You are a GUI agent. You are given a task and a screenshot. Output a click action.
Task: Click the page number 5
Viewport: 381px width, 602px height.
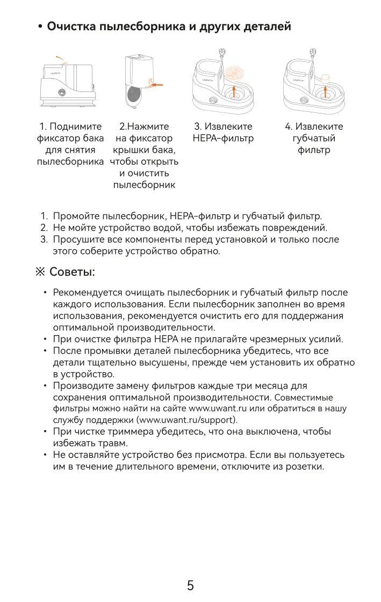(190, 585)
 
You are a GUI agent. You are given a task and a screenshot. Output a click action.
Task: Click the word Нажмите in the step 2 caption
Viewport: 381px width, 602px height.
(147, 127)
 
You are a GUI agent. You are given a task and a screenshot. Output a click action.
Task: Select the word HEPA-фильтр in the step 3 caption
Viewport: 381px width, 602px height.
(223, 139)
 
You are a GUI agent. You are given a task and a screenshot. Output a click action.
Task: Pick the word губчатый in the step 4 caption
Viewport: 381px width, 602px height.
(314, 139)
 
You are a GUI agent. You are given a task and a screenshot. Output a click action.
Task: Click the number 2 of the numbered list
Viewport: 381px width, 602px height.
(44, 228)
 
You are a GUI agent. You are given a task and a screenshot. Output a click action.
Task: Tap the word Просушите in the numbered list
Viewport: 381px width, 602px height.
(77, 239)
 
